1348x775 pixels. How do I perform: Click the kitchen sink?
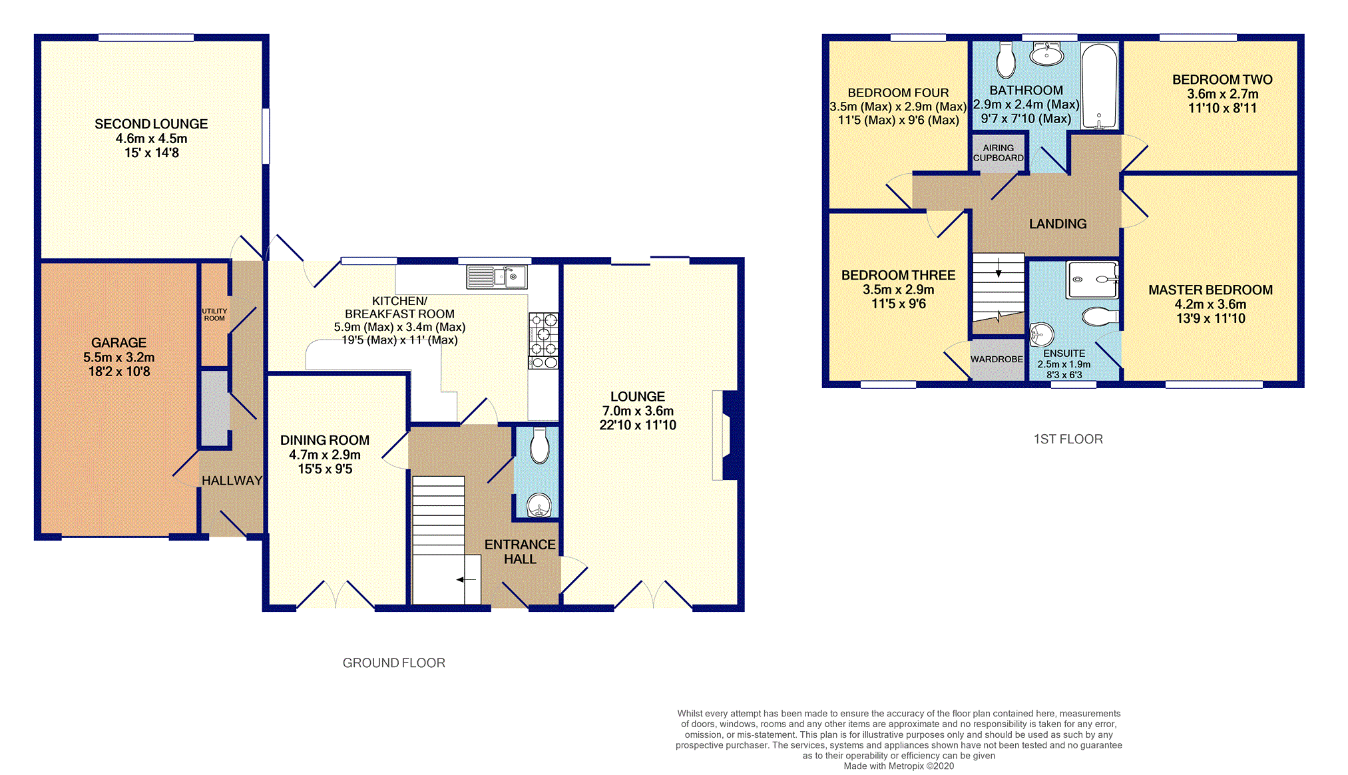(497, 277)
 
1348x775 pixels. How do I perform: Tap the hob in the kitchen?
(543, 341)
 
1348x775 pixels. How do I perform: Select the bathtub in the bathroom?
(1099, 86)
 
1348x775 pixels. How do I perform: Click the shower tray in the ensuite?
(1092, 280)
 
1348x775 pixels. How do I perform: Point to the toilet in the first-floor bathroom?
(1005, 61)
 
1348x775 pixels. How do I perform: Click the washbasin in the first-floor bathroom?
(1046, 54)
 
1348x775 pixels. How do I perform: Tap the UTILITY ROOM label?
(214, 315)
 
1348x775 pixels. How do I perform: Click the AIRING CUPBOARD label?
(999, 153)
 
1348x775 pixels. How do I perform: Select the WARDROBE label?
(997, 360)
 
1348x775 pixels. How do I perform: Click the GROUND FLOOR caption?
(394, 663)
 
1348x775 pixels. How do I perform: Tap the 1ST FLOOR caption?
(1068, 439)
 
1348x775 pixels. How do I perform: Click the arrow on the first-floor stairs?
(999, 268)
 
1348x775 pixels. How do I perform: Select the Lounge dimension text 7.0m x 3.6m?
(638, 411)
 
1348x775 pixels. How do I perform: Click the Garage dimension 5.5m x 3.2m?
(118, 358)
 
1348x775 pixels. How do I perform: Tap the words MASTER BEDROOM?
(1210, 290)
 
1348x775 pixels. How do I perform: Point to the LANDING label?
(1058, 224)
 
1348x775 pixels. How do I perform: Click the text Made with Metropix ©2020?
(899, 766)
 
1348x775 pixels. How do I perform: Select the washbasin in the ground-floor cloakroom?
(539, 506)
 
